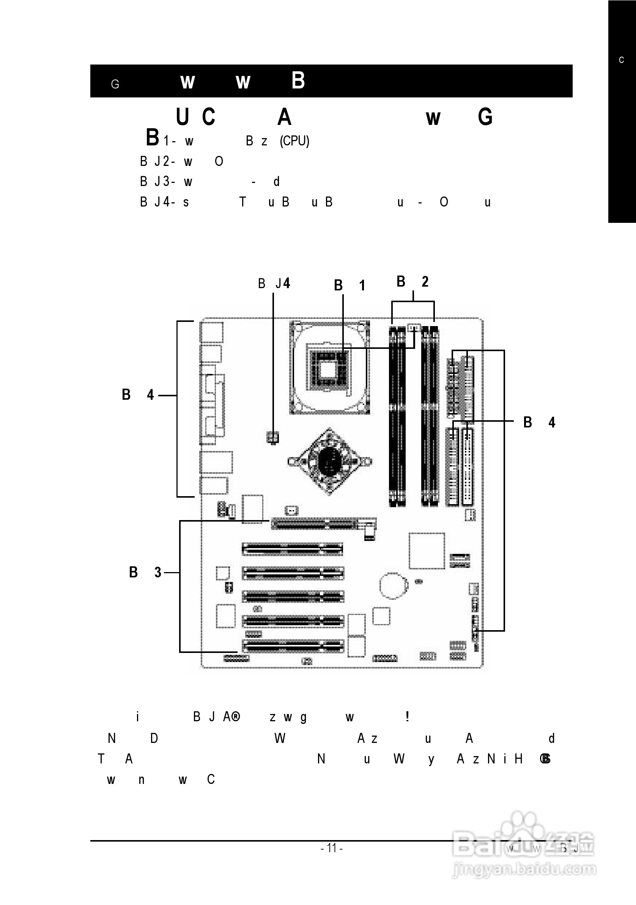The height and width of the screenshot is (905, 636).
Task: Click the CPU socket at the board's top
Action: (x=329, y=367)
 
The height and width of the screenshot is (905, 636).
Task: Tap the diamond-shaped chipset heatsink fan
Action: (x=329, y=461)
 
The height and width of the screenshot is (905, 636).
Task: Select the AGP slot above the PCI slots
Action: (x=323, y=524)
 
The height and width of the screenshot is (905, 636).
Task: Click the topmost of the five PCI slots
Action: (x=293, y=549)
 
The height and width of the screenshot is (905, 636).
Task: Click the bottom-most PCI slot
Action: (x=293, y=646)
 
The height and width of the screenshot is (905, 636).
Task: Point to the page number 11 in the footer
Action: (x=331, y=847)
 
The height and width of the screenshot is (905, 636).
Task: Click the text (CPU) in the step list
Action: (x=294, y=141)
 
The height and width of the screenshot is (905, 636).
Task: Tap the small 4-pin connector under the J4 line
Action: (x=273, y=437)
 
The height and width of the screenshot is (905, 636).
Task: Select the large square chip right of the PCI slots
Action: (x=427, y=551)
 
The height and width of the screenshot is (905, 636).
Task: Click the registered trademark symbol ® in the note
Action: (x=236, y=716)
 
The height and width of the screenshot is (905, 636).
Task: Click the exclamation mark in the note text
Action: (x=407, y=716)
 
